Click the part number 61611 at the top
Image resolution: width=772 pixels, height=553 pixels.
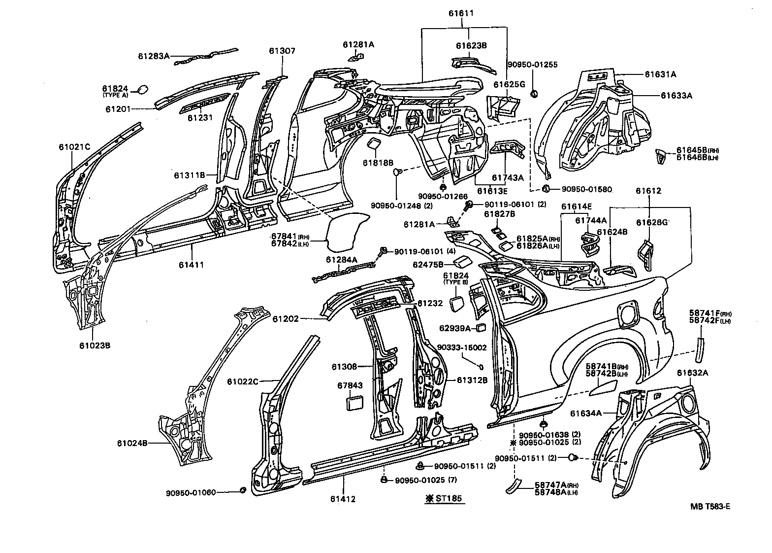coord(461,13)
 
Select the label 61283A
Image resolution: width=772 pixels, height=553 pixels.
coord(154,56)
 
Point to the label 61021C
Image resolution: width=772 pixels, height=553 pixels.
coord(74,147)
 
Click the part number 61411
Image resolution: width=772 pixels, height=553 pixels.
coord(192,265)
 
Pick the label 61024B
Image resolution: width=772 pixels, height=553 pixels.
coord(132,443)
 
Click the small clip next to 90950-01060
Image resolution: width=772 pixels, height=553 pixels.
coord(242,490)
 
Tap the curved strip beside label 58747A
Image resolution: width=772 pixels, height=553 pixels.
coord(514,485)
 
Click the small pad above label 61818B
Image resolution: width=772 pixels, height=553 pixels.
coord(374,143)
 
